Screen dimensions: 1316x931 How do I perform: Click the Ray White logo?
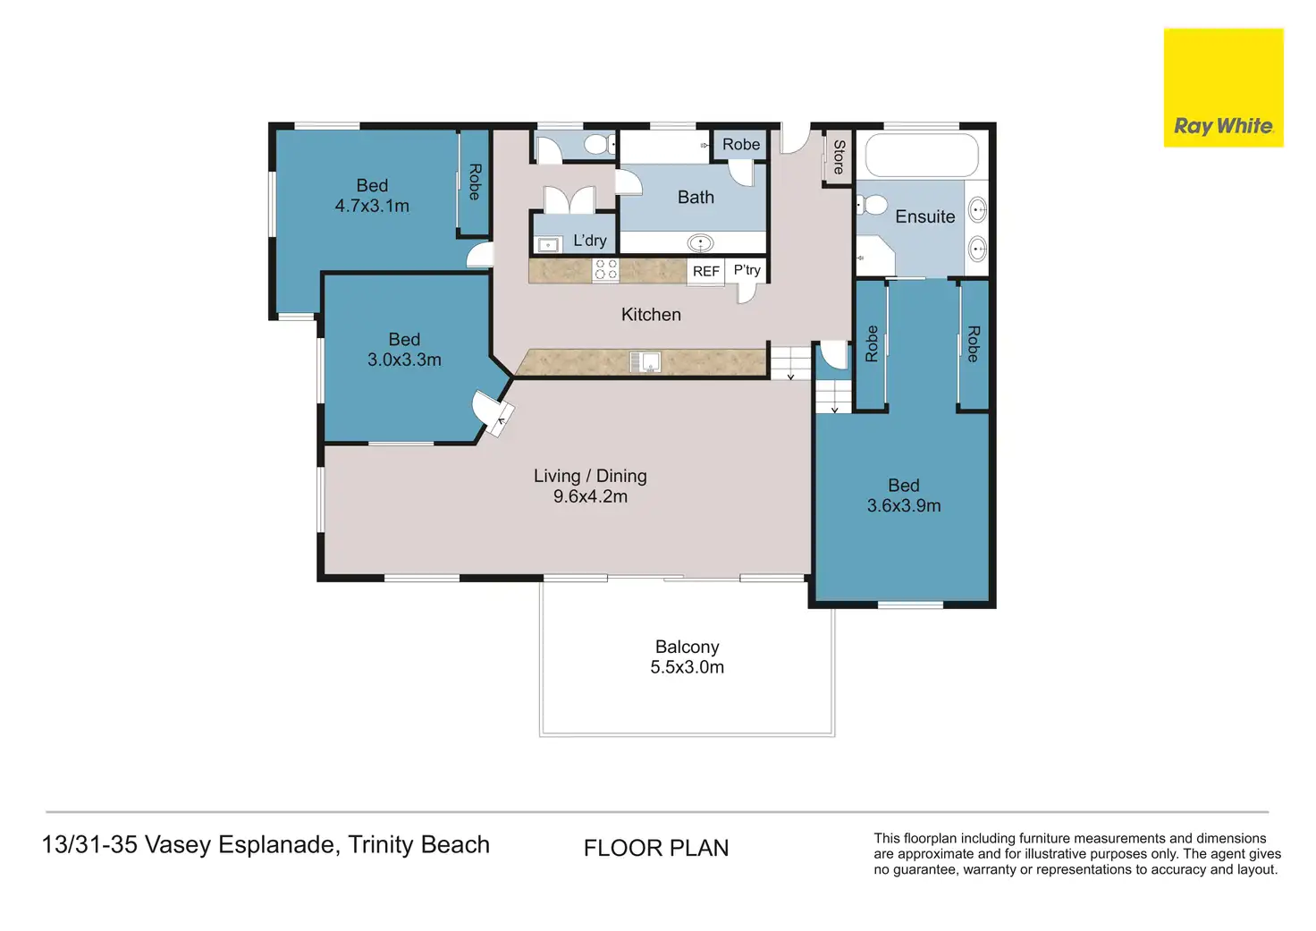coord(1223,88)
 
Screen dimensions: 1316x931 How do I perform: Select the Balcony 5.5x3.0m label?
coord(687,656)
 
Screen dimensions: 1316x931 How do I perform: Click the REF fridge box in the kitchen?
coord(705,271)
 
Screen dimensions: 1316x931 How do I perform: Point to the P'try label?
coord(747,269)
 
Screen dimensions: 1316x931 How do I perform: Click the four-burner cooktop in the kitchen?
coord(606,270)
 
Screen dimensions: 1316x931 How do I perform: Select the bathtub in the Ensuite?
coord(922,155)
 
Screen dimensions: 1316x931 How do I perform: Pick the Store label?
coord(839,157)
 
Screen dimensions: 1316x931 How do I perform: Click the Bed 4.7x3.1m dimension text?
coord(372,206)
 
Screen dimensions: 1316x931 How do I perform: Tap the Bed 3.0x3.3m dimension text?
coord(404,360)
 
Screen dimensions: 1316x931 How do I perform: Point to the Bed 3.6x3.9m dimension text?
coord(904,505)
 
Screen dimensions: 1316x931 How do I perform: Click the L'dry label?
coord(589,240)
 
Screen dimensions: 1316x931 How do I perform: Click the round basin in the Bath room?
coord(701,242)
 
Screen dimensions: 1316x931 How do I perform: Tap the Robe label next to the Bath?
coord(741,144)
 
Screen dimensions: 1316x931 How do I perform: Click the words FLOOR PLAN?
coord(656,848)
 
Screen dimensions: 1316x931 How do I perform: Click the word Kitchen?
coord(651,314)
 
